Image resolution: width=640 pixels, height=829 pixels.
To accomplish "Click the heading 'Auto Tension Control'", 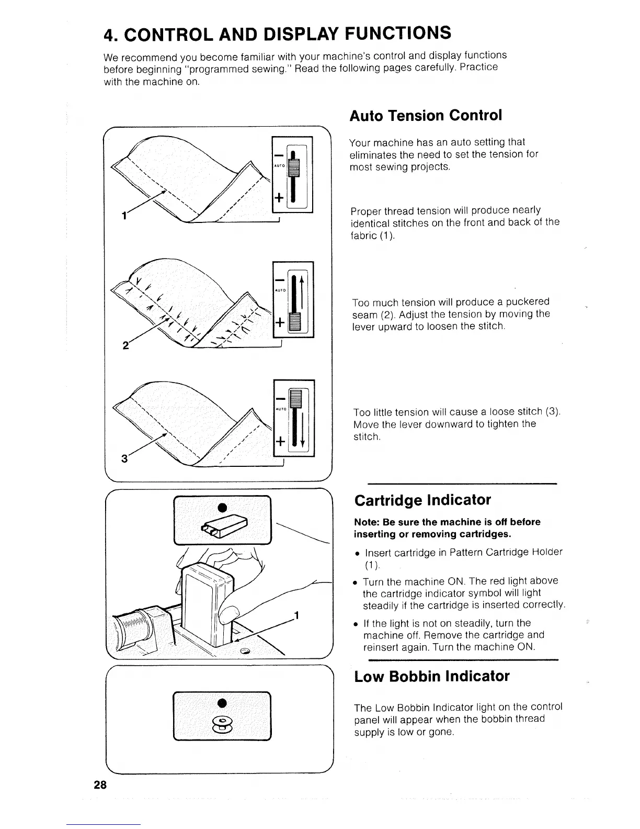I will (x=425, y=116).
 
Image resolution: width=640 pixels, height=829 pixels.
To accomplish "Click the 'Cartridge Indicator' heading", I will (x=422, y=500).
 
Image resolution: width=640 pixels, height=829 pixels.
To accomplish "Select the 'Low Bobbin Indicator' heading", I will (x=431, y=676).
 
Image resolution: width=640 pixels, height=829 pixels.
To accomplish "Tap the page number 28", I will (x=100, y=785).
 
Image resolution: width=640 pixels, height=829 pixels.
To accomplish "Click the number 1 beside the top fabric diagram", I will (x=124, y=216).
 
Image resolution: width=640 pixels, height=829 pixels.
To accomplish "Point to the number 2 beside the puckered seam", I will (x=125, y=345).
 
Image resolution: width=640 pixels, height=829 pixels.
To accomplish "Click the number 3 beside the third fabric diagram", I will (x=124, y=459).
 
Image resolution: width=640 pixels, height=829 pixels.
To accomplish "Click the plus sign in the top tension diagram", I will (x=279, y=198).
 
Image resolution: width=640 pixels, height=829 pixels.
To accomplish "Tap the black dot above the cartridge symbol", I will (x=222, y=507).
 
